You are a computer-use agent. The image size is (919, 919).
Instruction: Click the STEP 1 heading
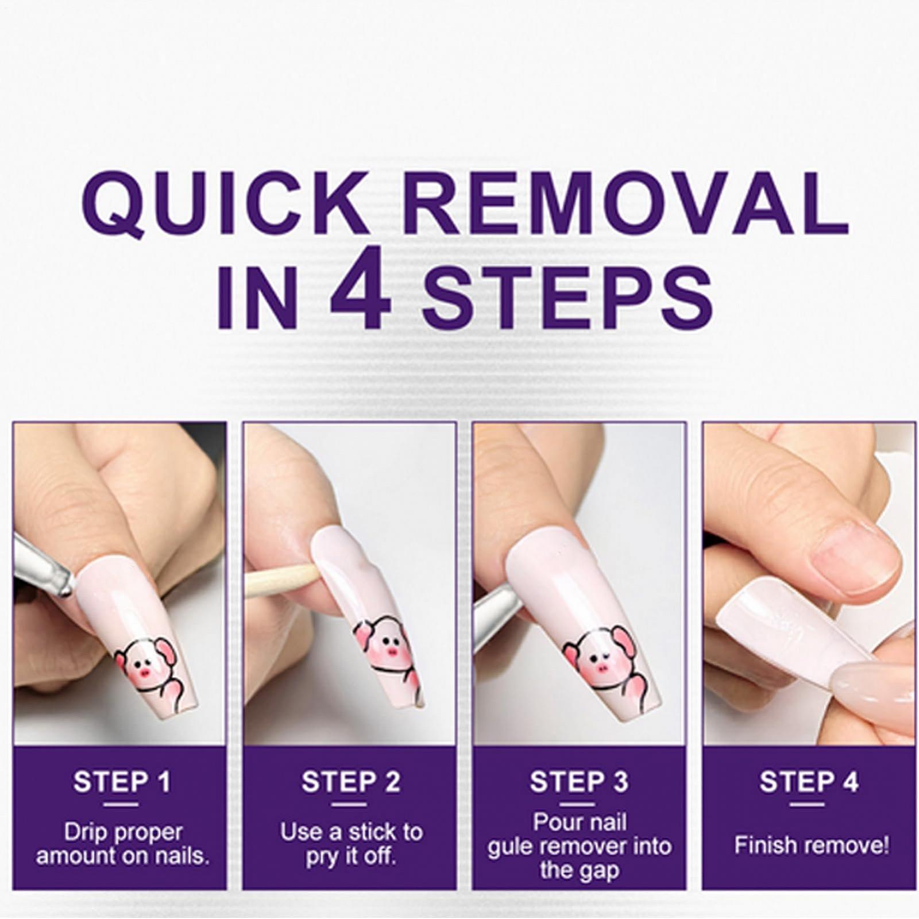(x=122, y=781)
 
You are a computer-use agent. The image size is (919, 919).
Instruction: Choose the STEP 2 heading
(x=351, y=781)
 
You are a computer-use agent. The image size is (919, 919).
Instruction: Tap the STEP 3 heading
(x=579, y=781)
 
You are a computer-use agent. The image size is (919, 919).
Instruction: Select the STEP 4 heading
(x=809, y=781)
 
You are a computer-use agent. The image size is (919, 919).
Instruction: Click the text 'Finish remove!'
(x=811, y=845)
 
